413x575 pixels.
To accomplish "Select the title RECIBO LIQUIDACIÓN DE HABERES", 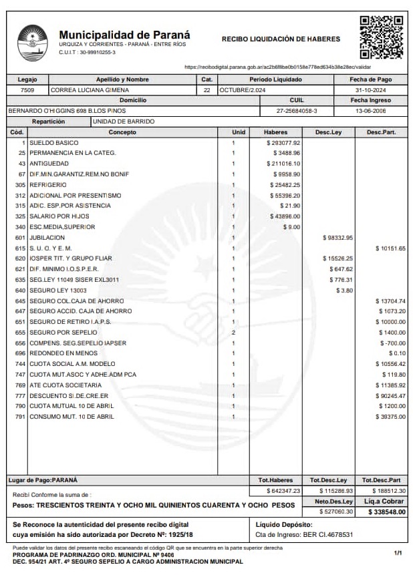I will tap(281, 39).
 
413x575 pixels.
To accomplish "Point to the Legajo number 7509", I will tap(27, 89).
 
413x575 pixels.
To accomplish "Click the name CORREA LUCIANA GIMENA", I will tap(90, 89).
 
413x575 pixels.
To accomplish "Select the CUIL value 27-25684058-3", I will tap(297, 111).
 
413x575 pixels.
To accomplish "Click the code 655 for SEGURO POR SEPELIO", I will tap(20, 332).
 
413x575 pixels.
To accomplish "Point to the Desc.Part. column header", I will tap(381, 132).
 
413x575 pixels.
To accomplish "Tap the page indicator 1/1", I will tap(398, 553).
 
